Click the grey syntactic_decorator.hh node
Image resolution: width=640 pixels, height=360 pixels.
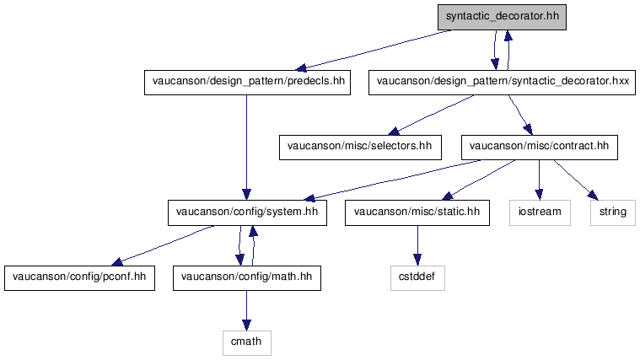pyautogui.click(x=502, y=17)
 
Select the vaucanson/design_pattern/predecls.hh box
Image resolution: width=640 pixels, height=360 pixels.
pyautogui.click(x=247, y=83)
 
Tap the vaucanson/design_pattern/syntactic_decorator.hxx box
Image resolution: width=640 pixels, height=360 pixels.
pyautogui.click(x=502, y=83)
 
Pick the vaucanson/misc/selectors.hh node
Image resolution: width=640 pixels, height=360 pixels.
pyautogui.click(x=360, y=148)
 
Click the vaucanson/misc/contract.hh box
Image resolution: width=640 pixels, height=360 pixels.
pyautogui.click(x=539, y=148)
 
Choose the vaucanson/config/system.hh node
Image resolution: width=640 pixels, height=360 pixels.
pyautogui.click(x=247, y=212)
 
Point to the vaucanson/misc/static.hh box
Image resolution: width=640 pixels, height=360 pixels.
pyautogui.click(x=417, y=212)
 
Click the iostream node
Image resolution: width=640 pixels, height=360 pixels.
pyautogui.click(x=540, y=212)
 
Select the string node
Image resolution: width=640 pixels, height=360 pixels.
pyautogui.click(x=613, y=212)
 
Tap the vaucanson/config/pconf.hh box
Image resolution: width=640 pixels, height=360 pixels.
pyautogui.click(x=79, y=278)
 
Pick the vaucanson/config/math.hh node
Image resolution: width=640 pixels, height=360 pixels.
pyautogui.click(x=247, y=278)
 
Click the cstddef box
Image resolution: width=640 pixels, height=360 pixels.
pyautogui.click(x=417, y=278)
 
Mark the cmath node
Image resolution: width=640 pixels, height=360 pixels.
pyautogui.click(x=247, y=343)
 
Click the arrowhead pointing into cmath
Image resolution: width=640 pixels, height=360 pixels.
pyautogui.click(x=246, y=325)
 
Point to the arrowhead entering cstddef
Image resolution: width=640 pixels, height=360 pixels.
pyautogui.click(x=417, y=260)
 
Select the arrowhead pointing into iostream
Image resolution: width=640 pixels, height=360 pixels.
pyautogui.click(x=539, y=195)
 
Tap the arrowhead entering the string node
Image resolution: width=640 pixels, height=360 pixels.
pyautogui.click(x=594, y=195)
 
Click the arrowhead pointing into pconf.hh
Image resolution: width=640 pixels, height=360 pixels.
pyautogui.click(x=117, y=261)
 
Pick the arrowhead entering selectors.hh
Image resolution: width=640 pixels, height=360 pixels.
pyautogui.click(x=394, y=131)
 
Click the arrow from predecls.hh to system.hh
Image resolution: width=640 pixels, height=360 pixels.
pyautogui.click(x=246, y=148)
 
